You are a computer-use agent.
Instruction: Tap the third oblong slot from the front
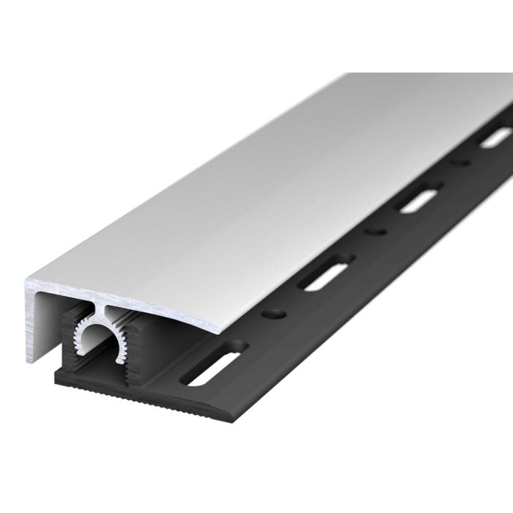point(420,199)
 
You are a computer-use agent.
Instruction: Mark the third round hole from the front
point(460,161)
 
